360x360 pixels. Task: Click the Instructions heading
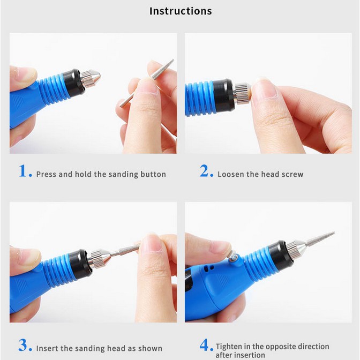pos(181,11)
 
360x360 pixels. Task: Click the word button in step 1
pos(153,174)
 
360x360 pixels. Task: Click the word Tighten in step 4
pos(229,346)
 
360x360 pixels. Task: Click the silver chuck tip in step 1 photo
pos(91,77)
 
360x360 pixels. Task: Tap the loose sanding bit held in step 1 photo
pos(147,82)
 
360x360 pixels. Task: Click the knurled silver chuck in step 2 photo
pos(241,94)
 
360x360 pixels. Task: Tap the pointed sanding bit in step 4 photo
pos(319,239)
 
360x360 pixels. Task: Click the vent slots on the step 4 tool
pos(209,268)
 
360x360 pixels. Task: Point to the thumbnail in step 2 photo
pos(264,88)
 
